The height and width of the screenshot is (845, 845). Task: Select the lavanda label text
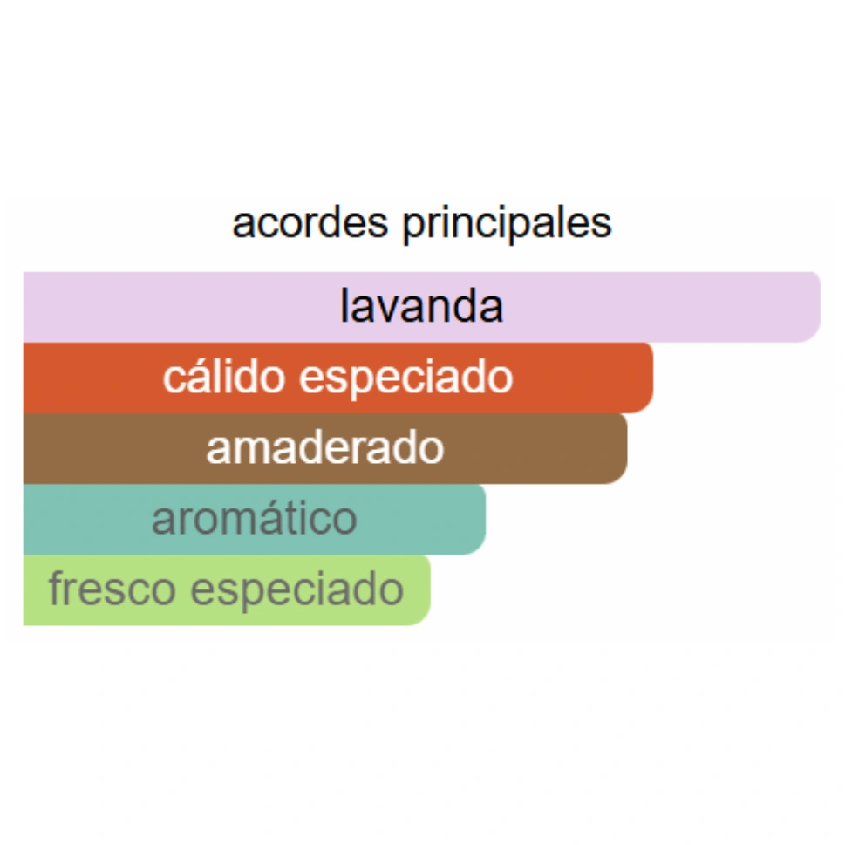[421, 307]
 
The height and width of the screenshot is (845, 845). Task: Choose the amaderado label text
[325, 448]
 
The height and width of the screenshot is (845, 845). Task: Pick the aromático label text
[254, 520]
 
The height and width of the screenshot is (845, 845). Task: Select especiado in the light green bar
[297, 591]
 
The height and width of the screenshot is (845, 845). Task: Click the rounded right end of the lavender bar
[811, 307]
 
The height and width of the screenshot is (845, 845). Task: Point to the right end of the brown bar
[618, 448]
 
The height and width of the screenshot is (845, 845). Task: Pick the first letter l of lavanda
[344, 307]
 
